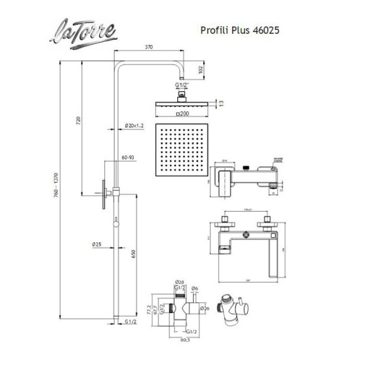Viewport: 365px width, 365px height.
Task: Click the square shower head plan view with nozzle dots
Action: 184,151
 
